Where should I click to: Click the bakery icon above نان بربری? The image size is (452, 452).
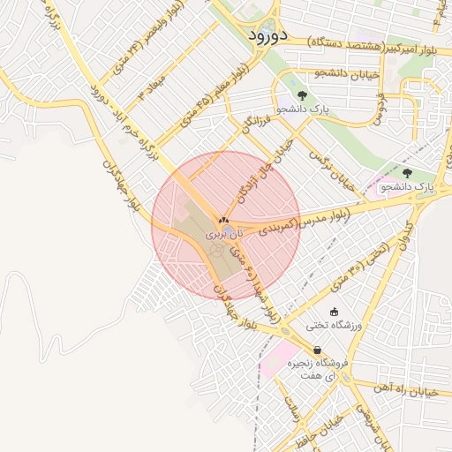(x=222, y=222)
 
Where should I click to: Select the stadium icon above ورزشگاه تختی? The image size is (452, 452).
(x=334, y=311)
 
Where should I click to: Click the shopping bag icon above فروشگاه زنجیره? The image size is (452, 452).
(x=317, y=350)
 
